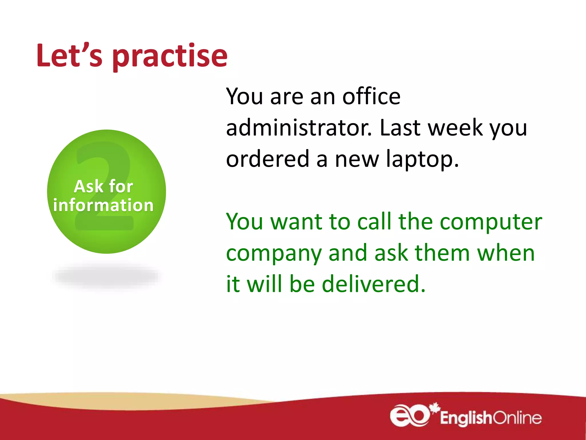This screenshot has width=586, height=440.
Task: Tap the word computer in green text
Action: coord(491,222)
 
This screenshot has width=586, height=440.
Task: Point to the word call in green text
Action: coord(375,222)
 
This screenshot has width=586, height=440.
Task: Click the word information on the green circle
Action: coord(103,205)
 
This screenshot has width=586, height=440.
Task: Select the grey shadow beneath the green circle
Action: coord(106,277)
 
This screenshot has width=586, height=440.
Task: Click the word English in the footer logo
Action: coord(465,418)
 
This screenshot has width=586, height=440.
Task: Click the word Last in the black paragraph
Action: coord(400,128)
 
